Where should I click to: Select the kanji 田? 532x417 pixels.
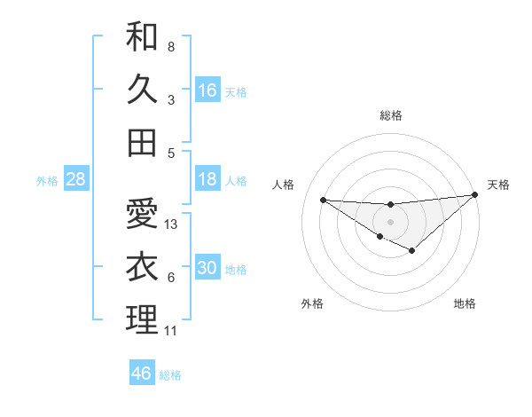142,142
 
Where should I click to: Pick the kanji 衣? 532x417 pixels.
142,266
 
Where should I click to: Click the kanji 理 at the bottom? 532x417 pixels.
142,319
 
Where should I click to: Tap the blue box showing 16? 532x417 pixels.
207,90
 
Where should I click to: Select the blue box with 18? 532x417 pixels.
207,179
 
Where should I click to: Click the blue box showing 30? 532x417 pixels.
207,268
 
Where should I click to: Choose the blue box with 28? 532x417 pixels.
76,179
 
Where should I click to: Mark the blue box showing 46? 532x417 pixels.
142,374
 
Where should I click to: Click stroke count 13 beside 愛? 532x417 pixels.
172,224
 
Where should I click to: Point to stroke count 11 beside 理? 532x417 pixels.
171,331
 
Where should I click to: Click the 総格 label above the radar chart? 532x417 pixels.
391,115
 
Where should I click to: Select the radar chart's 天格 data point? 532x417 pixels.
475,195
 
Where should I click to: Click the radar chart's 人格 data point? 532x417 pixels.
323,200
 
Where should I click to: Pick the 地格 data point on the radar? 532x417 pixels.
412,251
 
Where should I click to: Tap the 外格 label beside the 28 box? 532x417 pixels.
47,181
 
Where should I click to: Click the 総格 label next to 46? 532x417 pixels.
170,375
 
